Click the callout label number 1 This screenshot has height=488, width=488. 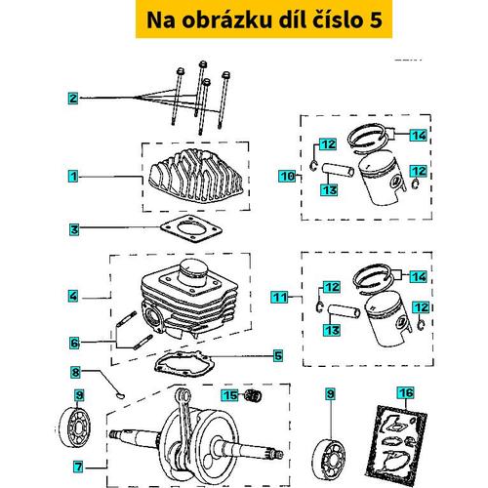pyautogui.click(x=73, y=177)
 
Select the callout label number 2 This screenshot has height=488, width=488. pyautogui.click(x=73, y=99)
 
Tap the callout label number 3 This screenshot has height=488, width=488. pyautogui.click(x=73, y=230)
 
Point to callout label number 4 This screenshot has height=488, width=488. pyautogui.click(x=73, y=295)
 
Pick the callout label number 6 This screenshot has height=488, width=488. pyautogui.click(x=73, y=343)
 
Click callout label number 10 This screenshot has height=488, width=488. pyautogui.click(x=287, y=177)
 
